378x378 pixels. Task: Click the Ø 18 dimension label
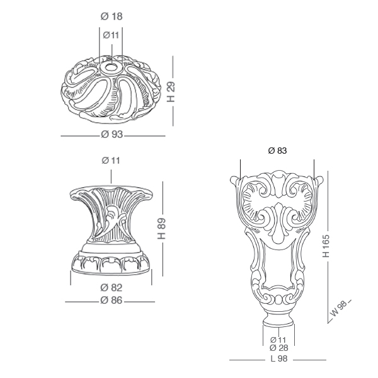point(112,16)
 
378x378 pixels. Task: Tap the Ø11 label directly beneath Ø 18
point(111,35)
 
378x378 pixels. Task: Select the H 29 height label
point(171,91)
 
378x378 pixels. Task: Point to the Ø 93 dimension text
point(112,134)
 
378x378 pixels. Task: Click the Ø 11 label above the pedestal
point(111,160)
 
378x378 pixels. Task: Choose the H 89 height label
point(161,229)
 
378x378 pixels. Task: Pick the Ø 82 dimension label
point(112,288)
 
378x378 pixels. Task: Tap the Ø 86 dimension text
point(112,301)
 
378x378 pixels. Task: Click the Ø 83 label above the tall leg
point(277,151)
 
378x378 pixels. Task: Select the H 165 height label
point(326,246)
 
